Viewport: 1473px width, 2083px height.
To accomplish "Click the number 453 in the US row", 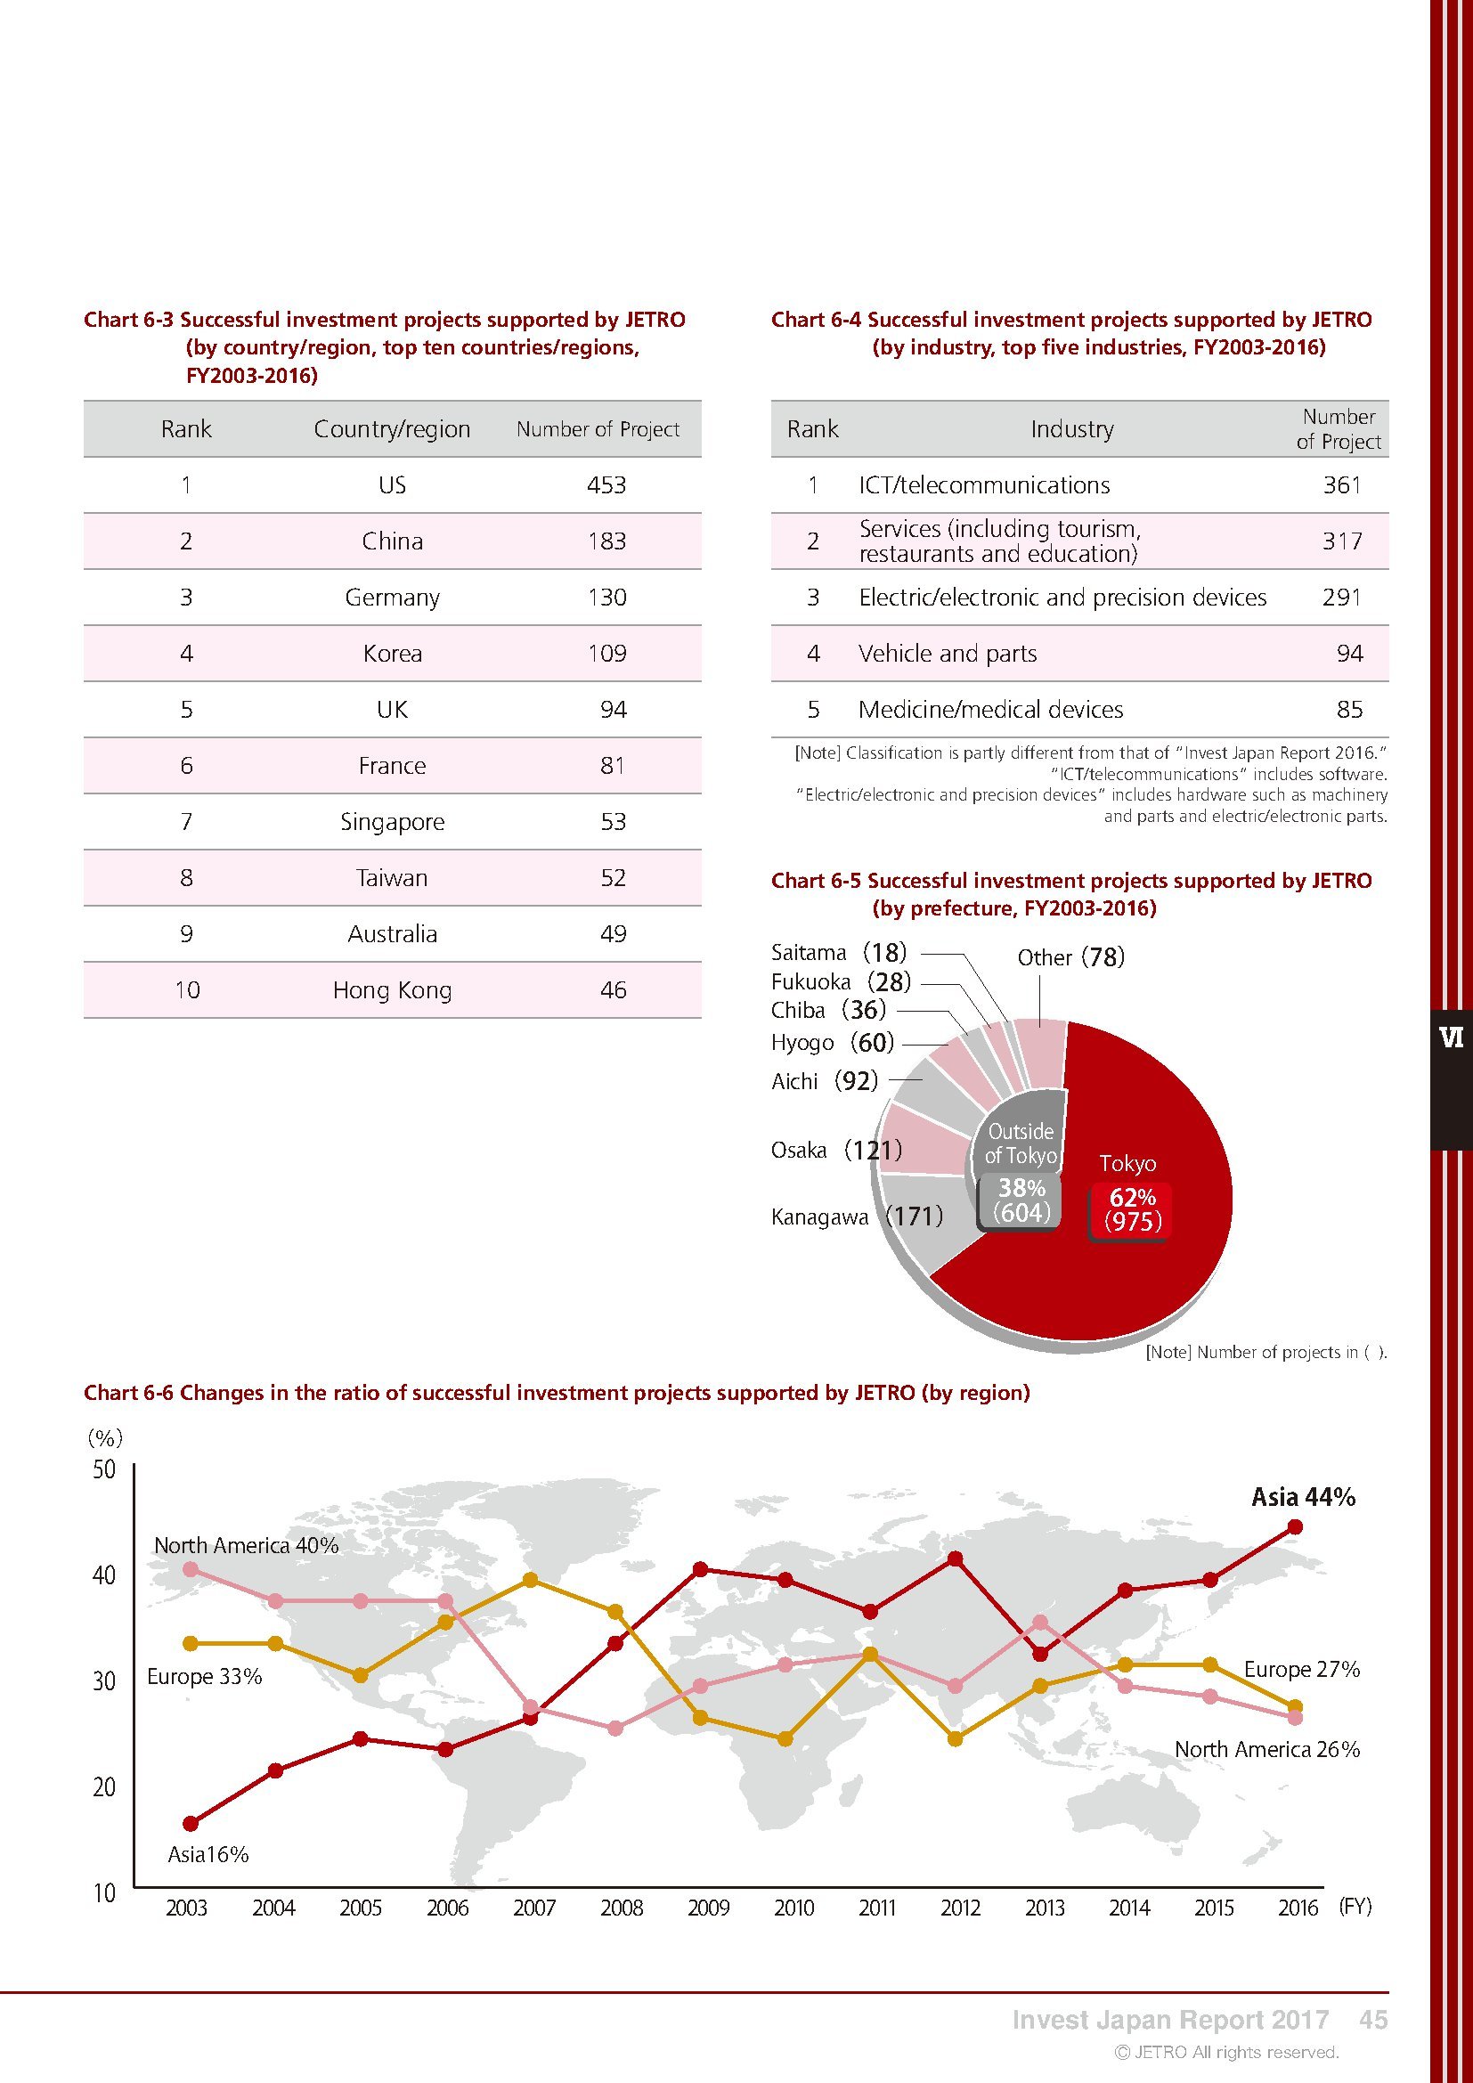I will pyautogui.click(x=606, y=485).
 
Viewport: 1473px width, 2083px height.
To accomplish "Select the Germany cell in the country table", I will pyautogui.click(x=392, y=598).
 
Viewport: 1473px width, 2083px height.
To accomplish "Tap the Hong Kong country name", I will pyautogui.click(x=392, y=989).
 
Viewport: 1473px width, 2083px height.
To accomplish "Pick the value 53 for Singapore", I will pyautogui.click(x=613, y=822).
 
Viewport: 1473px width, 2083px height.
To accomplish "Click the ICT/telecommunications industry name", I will pyautogui.click(x=984, y=485).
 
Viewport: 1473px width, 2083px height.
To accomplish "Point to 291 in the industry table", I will pyautogui.click(x=1341, y=598).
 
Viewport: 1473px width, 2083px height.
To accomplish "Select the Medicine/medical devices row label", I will pyautogui.click(x=990, y=710).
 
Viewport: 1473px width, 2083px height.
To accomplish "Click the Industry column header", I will pyautogui.click(x=1071, y=429).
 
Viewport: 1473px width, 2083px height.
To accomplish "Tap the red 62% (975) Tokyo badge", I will pyautogui.click(x=1132, y=1209).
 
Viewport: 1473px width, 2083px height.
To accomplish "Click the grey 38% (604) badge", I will pyautogui.click(x=1021, y=1200).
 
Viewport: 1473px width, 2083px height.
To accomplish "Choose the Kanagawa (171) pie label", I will pyautogui.click(x=856, y=1216).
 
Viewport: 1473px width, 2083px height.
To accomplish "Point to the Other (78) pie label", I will pyautogui.click(x=1070, y=957).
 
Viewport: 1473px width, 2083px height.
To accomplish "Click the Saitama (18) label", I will pyautogui.click(x=838, y=952).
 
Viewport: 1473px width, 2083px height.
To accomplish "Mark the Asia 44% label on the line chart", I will pyautogui.click(x=1303, y=1497).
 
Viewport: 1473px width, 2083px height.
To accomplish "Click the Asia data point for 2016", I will pyautogui.click(x=1295, y=1528).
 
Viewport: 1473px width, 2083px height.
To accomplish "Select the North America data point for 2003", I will pyautogui.click(x=190, y=1569).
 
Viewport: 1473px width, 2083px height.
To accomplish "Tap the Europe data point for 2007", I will pyautogui.click(x=532, y=1581).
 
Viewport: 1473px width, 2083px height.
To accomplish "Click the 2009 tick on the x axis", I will pyautogui.click(x=708, y=1908).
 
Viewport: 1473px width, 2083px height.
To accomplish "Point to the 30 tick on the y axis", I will pyautogui.click(x=104, y=1681).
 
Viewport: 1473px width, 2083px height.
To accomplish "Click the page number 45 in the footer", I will pyautogui.click(x=1373, y=2020).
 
